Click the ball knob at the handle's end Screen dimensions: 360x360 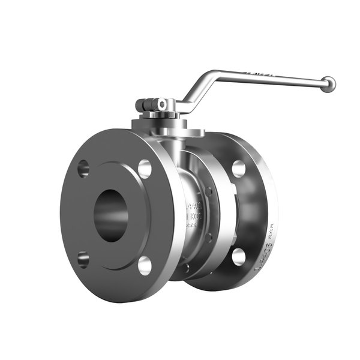328,84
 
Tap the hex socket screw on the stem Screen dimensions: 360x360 161,104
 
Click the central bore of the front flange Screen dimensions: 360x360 110,215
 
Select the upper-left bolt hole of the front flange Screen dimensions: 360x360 83,169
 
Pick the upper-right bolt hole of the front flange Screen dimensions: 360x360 145,169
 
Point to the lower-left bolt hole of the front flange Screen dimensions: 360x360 83,259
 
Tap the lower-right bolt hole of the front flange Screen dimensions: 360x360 145,265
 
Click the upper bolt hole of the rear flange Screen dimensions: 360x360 239,169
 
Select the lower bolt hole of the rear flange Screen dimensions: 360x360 239,256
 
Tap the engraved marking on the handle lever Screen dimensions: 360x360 258,74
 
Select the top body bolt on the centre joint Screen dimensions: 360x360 208,191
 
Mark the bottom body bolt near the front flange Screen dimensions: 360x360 187,268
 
